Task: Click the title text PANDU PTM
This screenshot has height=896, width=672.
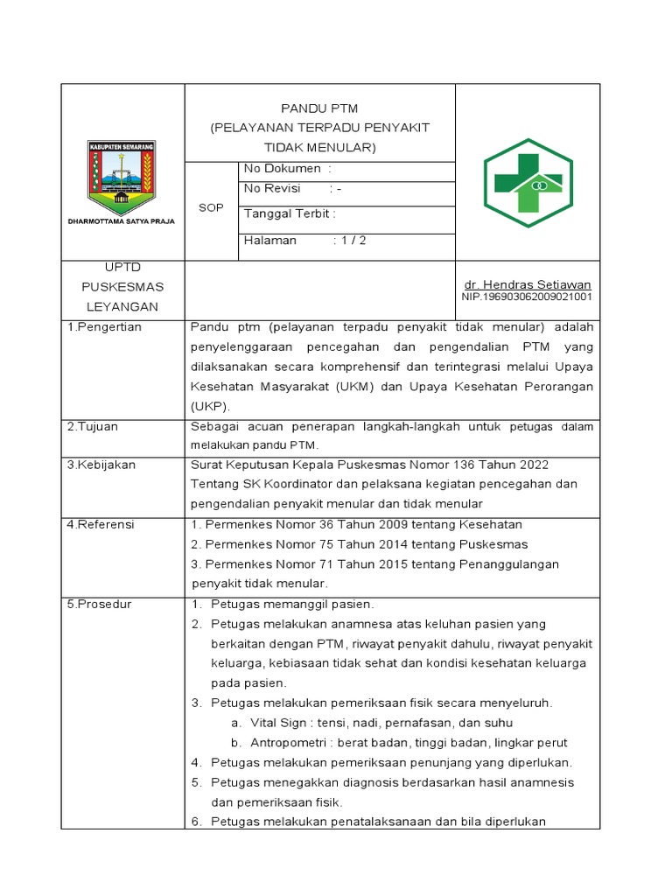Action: (x=319, y=108)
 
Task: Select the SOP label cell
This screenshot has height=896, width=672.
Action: (x=211, y=208)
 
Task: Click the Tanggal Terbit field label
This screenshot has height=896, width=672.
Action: (x=290, y=213)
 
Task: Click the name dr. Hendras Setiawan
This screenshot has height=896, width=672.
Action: (x=528, y=284)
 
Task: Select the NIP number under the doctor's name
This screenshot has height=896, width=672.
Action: (x=527, y=297)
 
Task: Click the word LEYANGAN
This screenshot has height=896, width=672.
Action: (x=122, y=307)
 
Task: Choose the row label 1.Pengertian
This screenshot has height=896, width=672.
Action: (x=104, y=327)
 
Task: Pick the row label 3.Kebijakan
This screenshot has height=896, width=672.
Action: (x=101, y=465)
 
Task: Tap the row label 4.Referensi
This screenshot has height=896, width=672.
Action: (x=101, y=524)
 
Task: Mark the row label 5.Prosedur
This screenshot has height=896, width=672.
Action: (x=99, y=604)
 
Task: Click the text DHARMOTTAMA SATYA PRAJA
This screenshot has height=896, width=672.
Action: (x=122, y=221)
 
